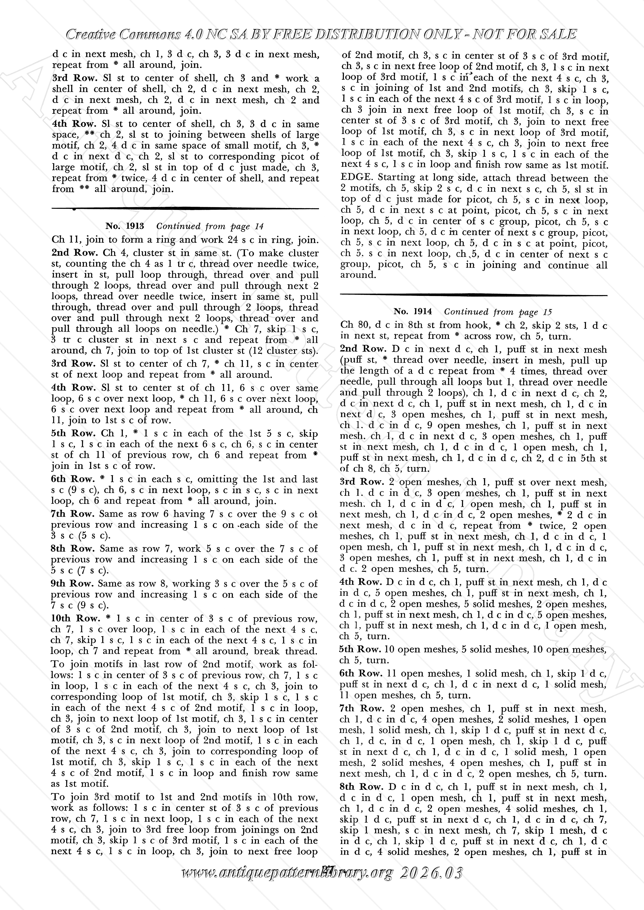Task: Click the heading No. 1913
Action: click(x=124, y=226)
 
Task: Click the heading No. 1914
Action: click(x=412, y=312)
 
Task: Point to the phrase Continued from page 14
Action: click(x=210, y=226)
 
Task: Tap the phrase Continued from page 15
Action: click(x=498, y=312)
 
